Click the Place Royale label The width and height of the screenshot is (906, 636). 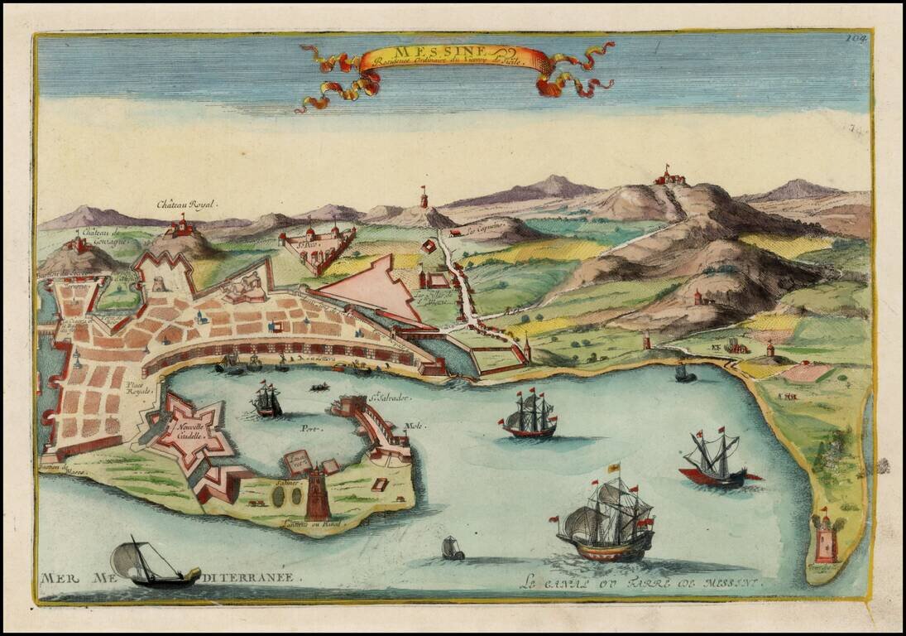point(138,388)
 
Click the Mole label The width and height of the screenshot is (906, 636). point(413,426)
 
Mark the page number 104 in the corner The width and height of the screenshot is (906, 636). point(856,37)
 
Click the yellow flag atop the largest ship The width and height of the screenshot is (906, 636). point(615,468)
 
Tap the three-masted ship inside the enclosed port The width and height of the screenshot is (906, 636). point(266,400)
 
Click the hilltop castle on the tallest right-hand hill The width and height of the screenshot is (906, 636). point(669,176)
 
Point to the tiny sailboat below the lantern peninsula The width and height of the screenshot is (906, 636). point(452,547)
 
